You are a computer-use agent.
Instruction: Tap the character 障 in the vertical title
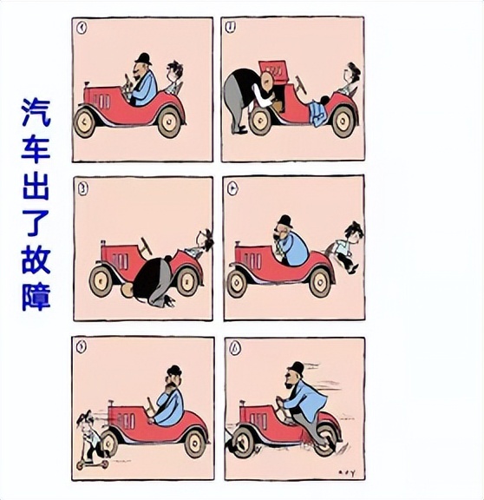click(x=36, y=296)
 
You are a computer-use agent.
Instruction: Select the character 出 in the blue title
click(x=36, y=187)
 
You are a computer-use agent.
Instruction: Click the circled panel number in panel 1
click(x=82, y=26)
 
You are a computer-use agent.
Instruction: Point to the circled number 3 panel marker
click(x=82, y=186)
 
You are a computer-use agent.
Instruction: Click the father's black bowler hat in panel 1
click(x=142, y=57)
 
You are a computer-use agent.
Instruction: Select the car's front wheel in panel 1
click(x=86, y=122)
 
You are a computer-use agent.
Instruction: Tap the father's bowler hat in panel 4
click(x=284, y=220)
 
